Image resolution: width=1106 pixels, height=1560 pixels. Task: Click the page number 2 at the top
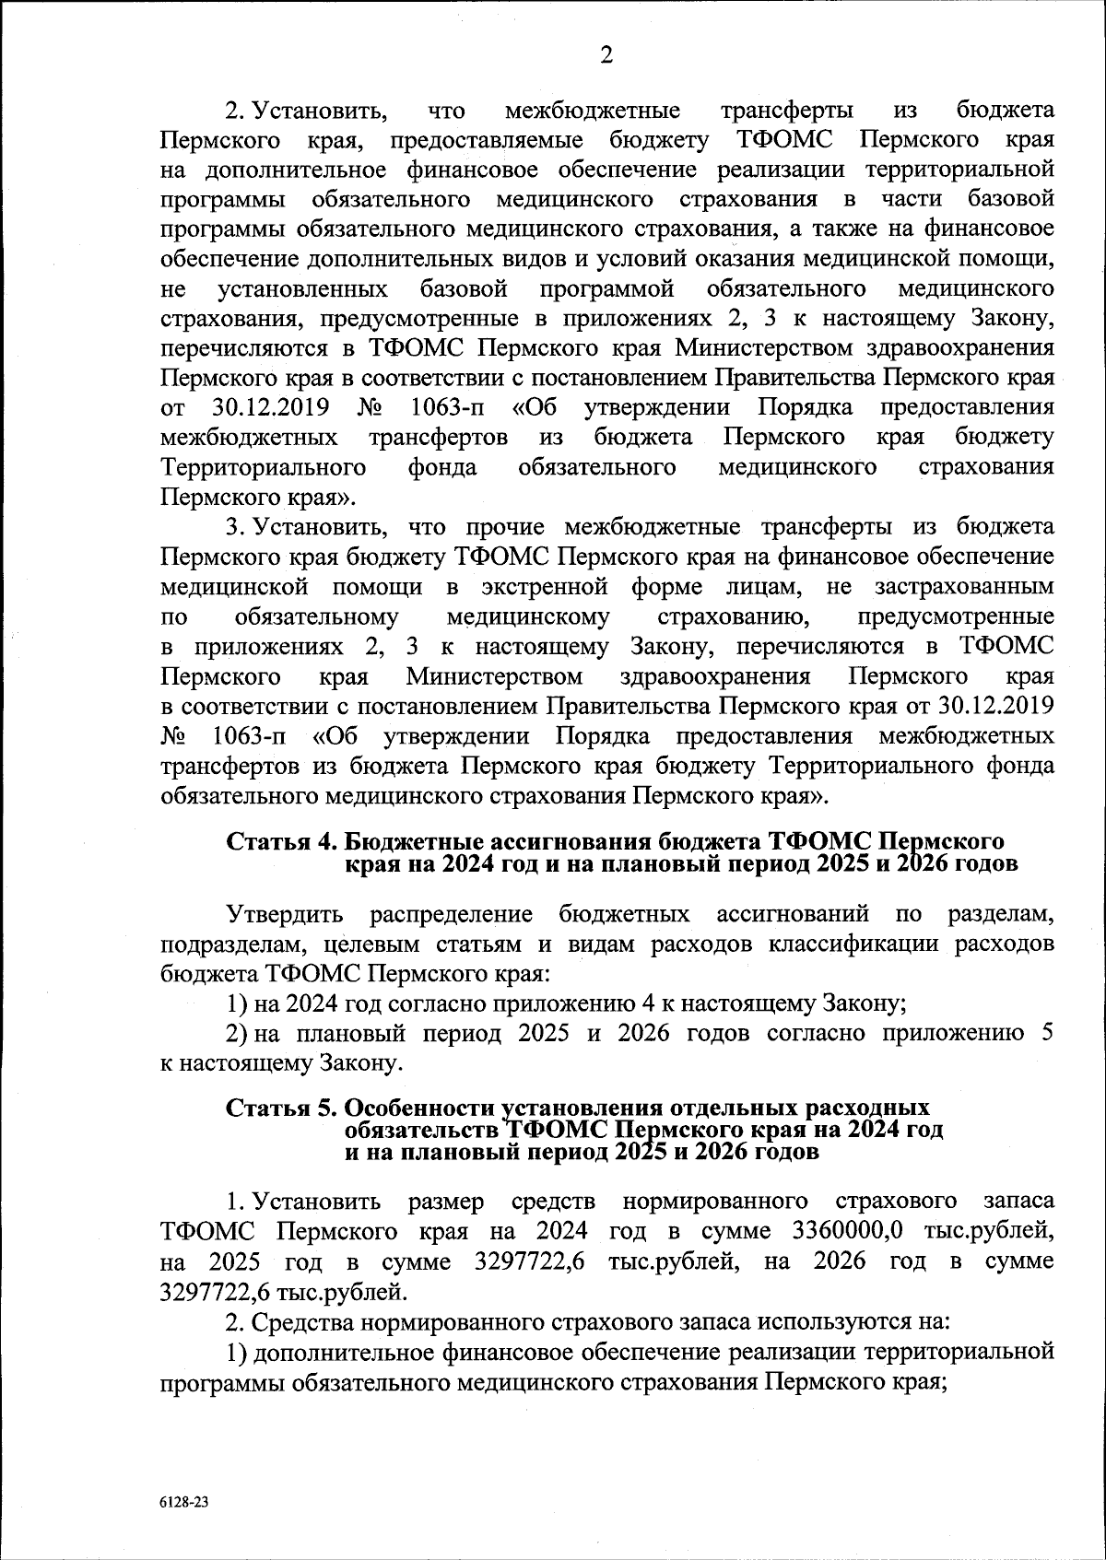[x=606, y=55]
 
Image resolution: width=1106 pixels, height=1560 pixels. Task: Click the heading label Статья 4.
[x=282, y=841]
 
